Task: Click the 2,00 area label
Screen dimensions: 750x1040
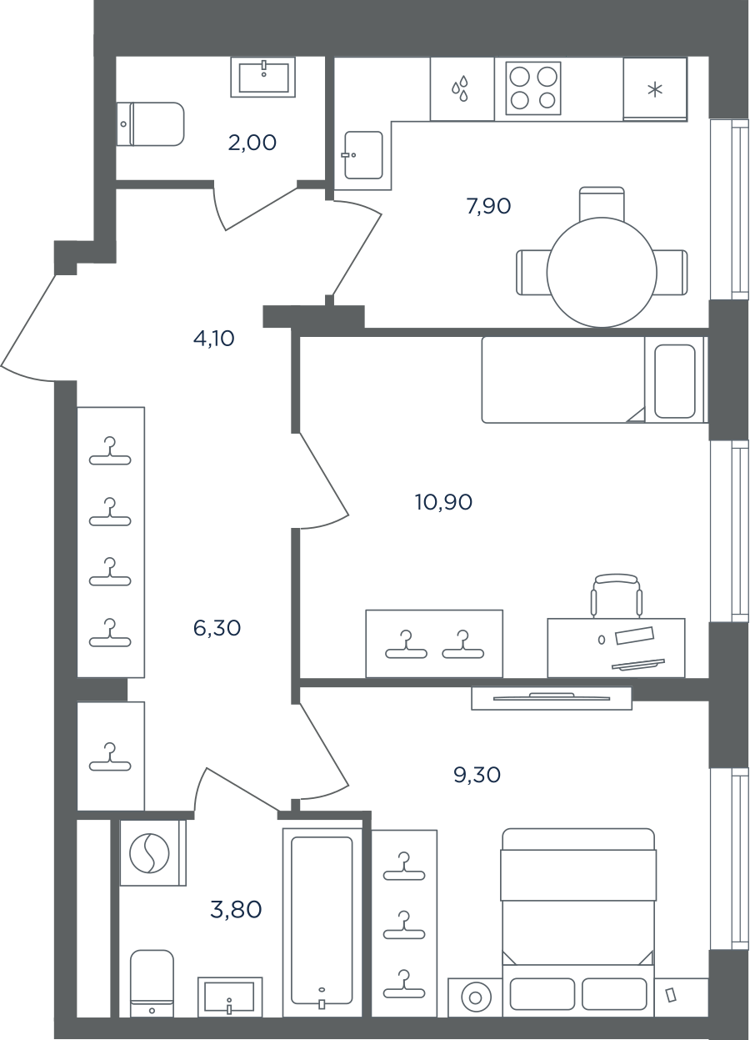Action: pyautogui.click(x=252, y=143)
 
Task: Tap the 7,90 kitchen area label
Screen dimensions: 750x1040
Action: pyautogui.click(x=489, y=206)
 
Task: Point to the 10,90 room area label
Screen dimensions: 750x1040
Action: pyautogui.click(x=444, y=502)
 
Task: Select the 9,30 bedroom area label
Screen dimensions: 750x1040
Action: pyautogui.click(x=477, y=775)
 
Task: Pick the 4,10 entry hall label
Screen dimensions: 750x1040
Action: pyautogui.click(x=214, y=339)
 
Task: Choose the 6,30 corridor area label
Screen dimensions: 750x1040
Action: pyautogui.click(x=217, y=628)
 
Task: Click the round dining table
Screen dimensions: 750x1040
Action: pyautogui.click(x=602, y=273)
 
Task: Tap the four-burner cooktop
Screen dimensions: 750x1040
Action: pyautogui.click(x=533, y=88)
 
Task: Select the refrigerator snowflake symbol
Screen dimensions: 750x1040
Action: pyautogui.click(x=654, y=90)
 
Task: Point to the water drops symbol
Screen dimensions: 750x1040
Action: pyautogui.click(x=460, y=89)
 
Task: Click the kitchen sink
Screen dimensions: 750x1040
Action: pyautogui.click(x=363, y=155)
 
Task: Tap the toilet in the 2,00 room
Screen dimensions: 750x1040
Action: pyautogui.click(x=150, y=124)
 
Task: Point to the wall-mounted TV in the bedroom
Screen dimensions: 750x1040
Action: pyautogui.click(x=552, y=697)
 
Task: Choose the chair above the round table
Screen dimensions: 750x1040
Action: pyautogui.click(x=602, y=203)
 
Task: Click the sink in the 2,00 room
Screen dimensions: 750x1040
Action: pyautogui.click(x=263, y=77)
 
